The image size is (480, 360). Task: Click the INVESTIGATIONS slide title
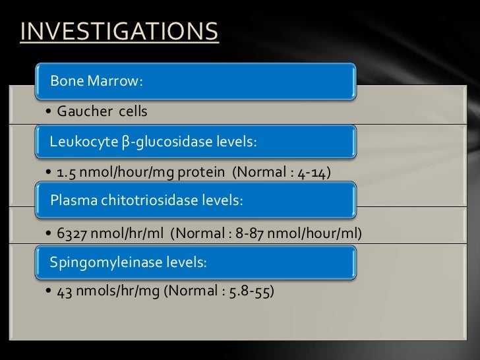(119, 32)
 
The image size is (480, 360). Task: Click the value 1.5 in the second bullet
(65, 173)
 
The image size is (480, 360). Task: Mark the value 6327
(72, 233)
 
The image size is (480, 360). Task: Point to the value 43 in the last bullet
(64, 293)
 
